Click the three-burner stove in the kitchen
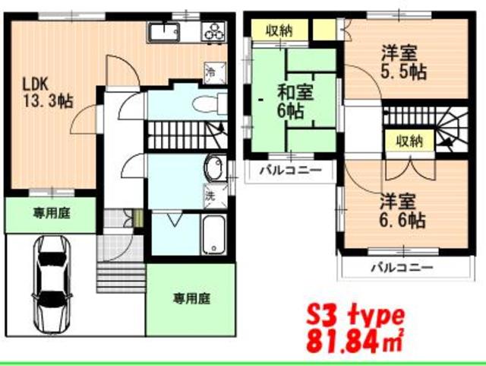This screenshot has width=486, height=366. pos(215,32)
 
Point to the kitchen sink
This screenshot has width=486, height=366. pos(163,32)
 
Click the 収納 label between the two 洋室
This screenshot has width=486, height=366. pos(409,140)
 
